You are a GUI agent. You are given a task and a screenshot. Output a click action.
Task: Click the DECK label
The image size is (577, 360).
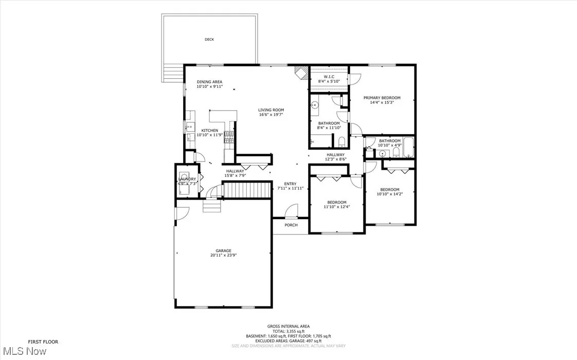tap(209, 40)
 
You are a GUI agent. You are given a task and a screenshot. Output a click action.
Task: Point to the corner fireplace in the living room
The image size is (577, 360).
tap(301, 72)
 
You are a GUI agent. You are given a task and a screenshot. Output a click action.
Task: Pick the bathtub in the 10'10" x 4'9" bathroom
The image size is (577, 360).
tap(408, 148)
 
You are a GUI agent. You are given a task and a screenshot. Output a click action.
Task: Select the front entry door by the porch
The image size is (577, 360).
tap(292, 211)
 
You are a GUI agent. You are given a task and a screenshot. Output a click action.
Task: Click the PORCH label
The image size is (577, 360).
tap(291, 225)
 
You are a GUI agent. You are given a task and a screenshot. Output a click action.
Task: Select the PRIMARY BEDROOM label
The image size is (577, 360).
tap(382, 98)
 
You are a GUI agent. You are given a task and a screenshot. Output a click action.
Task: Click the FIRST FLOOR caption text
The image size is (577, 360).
tap(43, 341)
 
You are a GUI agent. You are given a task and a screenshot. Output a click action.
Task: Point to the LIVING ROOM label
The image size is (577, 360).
tap(271, 110)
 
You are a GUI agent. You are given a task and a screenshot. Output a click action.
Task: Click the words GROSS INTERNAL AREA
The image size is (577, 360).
tap(288, 326)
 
